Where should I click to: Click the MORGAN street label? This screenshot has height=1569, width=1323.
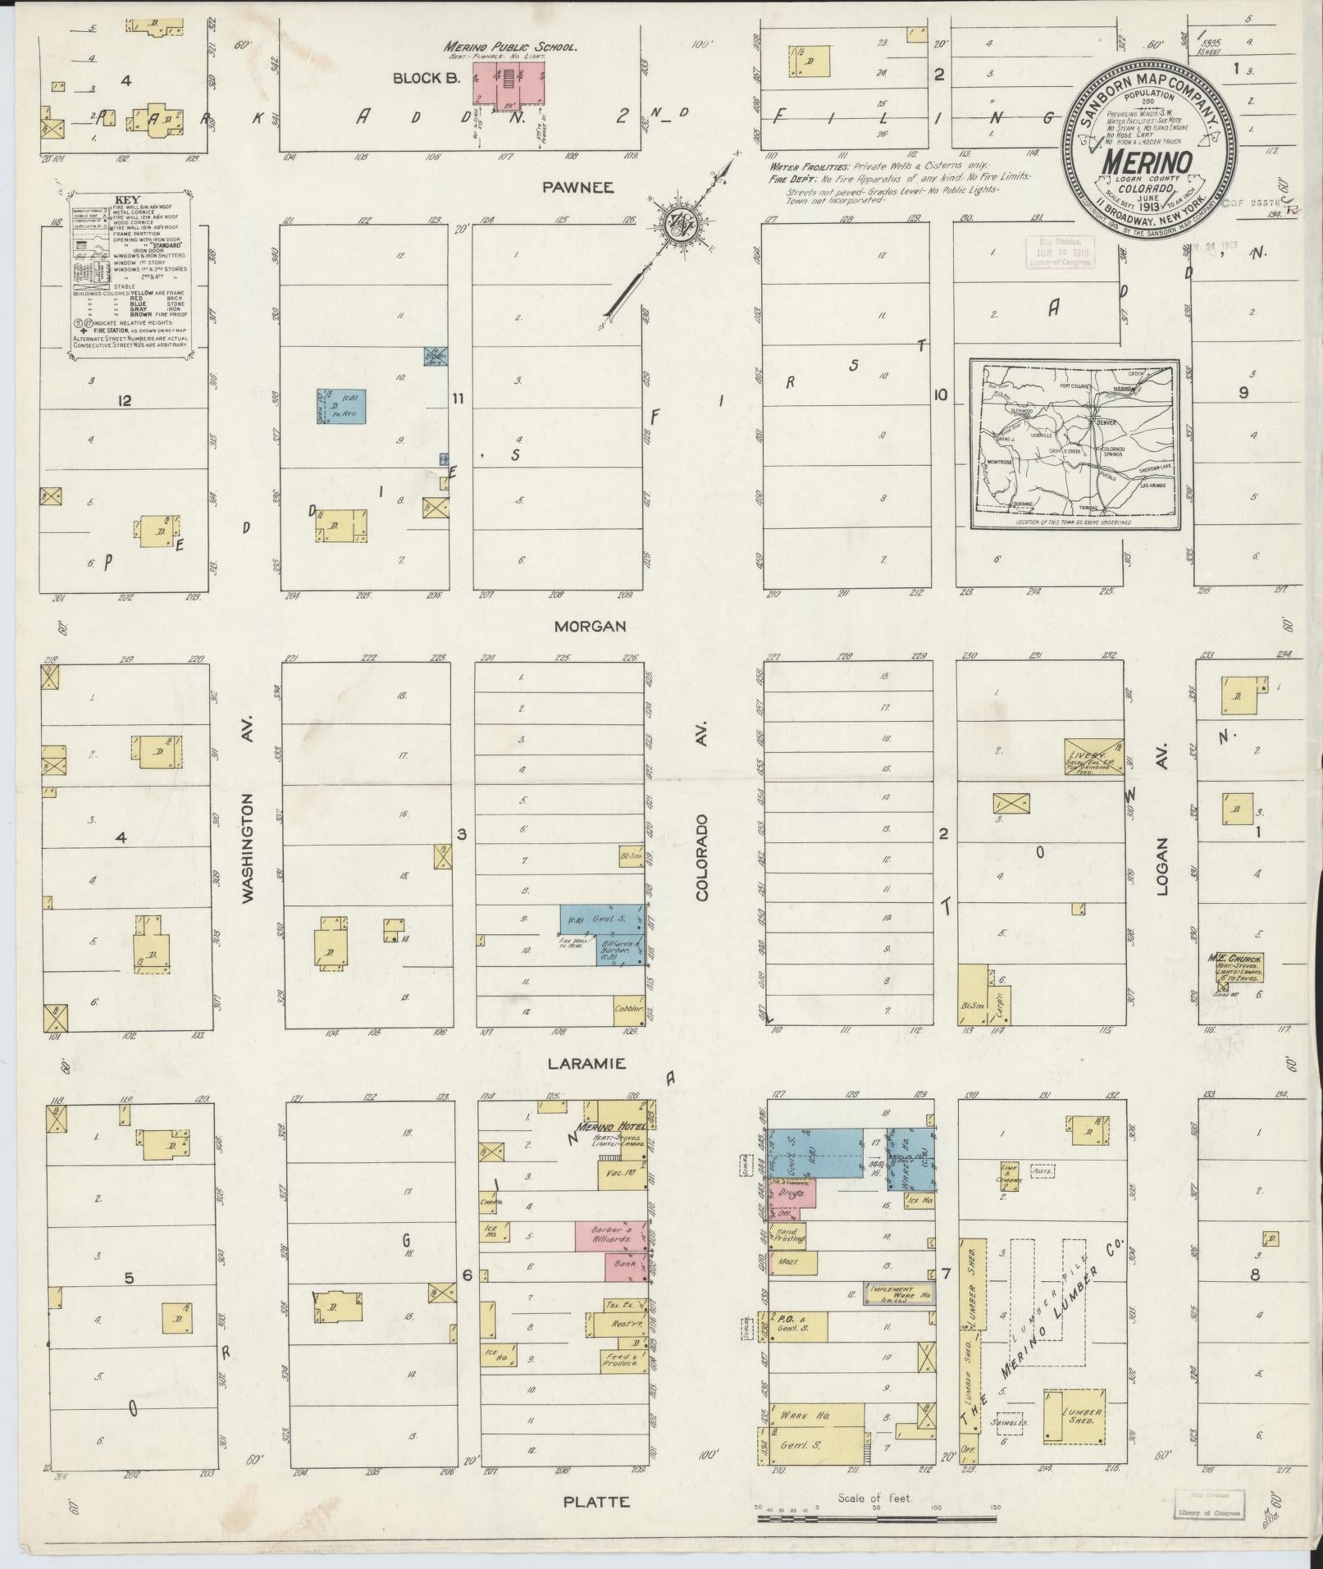pos(590,626)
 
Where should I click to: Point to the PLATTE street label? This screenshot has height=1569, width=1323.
pos(596,1502)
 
